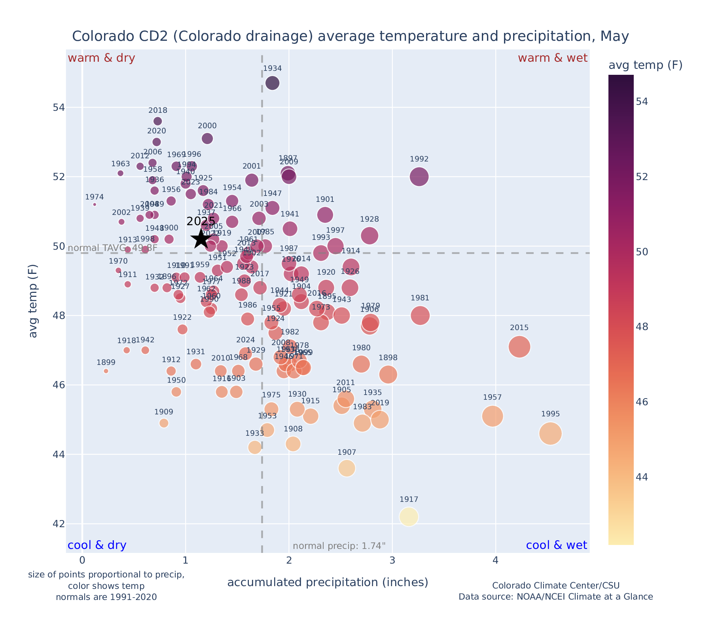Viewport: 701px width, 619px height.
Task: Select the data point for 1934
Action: pos(272,83)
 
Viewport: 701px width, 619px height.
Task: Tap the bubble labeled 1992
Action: pos(419,177)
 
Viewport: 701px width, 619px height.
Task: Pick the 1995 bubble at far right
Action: pos(550,434)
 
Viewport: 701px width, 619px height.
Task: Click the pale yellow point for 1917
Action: pos(409,517)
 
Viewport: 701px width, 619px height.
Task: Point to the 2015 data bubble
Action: pos(519,347)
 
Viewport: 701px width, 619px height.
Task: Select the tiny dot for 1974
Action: pos(95,204)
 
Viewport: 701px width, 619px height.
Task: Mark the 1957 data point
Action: pos(493,416)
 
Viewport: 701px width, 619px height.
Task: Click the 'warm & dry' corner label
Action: pos(102,58)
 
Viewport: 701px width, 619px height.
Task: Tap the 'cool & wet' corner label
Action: pos(556,545)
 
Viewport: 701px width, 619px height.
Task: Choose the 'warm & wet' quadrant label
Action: pos(553,58)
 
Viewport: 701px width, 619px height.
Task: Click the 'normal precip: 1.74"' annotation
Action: pos(339,546)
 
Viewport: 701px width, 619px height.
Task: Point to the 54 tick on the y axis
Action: pos(59,108)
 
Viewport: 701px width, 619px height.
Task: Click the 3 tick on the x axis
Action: pos(392,560)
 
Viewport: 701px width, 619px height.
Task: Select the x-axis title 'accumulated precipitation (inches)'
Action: pos(328,583)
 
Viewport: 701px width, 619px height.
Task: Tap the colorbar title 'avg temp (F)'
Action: pos(645,65)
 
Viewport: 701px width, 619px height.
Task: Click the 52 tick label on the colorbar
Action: pos(642,177)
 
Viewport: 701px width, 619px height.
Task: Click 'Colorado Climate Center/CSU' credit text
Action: pos(555,585)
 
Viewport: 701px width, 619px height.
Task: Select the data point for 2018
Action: pos(157,121)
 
